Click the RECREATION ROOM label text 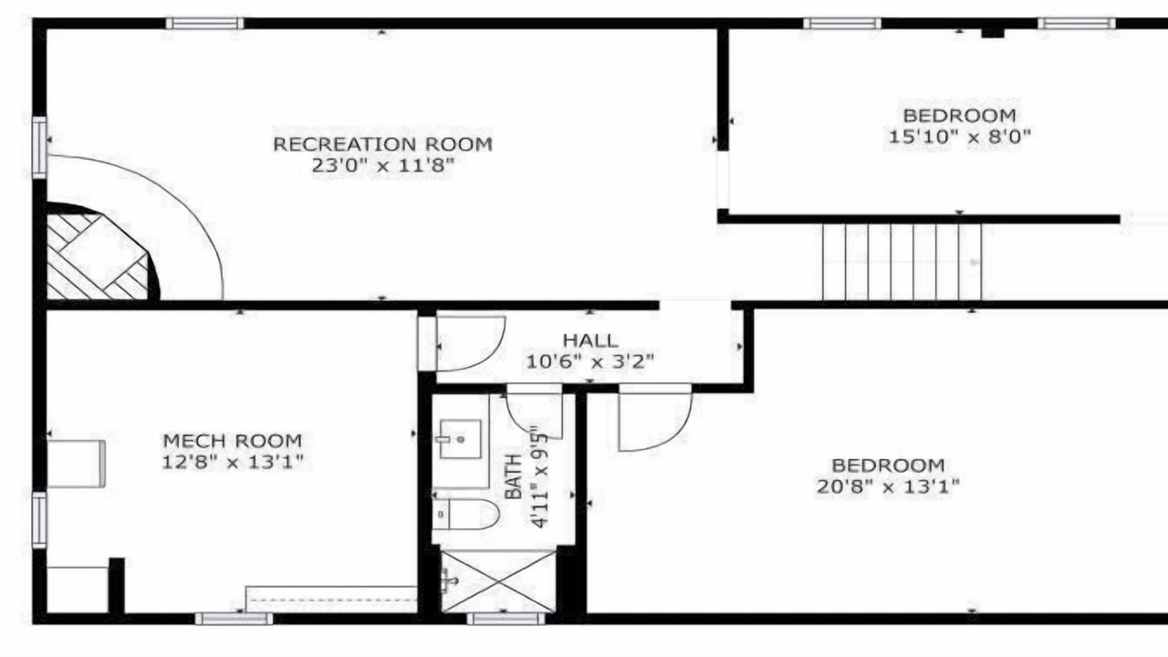tap(382, 144)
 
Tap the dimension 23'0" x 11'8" tap(382, 166)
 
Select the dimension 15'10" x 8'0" tap(959, 137)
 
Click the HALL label tap(590, 340)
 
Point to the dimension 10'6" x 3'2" tap(589, 361)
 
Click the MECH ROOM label tap(233, 441)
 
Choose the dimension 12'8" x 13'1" tap(233, 462)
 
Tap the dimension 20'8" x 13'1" tap(888, 486)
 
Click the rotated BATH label tap(514, 476)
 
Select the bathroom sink tap(459, 439)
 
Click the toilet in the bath tap(465, 514)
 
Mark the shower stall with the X tap(498, 581)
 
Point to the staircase tap(902, 262)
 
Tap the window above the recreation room tap(205, 24)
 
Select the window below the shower tap(506, 619)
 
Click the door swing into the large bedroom tap(655, 417)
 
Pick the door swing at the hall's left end tap(471, 344)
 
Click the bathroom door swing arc tap(535, 412)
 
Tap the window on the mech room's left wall tap(39, 520)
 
